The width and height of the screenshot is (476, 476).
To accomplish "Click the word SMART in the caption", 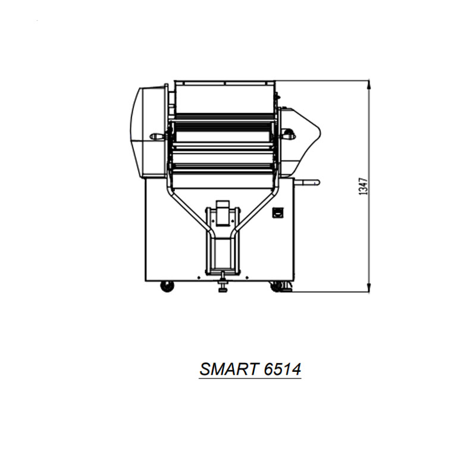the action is click(228, 369).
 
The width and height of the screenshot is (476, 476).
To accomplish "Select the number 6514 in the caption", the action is click(282, 369).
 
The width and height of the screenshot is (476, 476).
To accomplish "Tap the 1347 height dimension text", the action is click(363, 186).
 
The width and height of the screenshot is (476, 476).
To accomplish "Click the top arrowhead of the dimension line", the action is click(368, 85).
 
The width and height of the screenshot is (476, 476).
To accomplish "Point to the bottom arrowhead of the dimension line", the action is click(368, 288).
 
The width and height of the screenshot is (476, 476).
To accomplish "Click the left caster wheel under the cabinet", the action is click(167, 286).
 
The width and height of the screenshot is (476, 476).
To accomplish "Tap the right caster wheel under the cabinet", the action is click(275, 286).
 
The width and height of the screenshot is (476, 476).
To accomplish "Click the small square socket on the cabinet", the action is click(277, 212).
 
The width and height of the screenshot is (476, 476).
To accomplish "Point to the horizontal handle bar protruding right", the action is click(307, 182).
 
